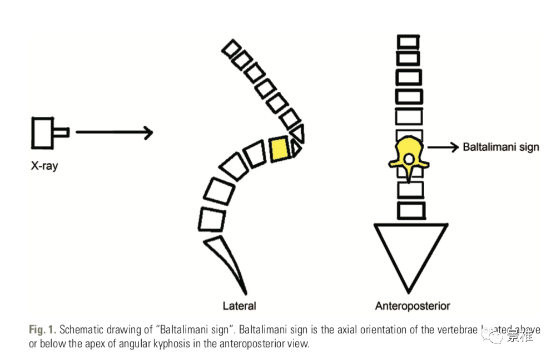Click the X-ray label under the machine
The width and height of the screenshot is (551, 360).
(x=44, y=165)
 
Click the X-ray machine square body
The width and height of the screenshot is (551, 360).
(x=41, y=133)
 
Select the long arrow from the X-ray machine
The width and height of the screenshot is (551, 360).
(x=113, y=132)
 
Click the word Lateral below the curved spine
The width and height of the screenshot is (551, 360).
(x=239, y=305)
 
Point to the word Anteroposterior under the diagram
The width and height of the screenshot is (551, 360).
(x=412, y=305)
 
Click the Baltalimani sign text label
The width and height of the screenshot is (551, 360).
(x=500, y=147)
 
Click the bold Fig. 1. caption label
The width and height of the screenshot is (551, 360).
(x=42, y=329)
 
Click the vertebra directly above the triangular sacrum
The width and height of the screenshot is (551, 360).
(x=411, y=211)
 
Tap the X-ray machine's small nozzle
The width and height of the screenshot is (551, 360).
(x=61, y=132)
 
